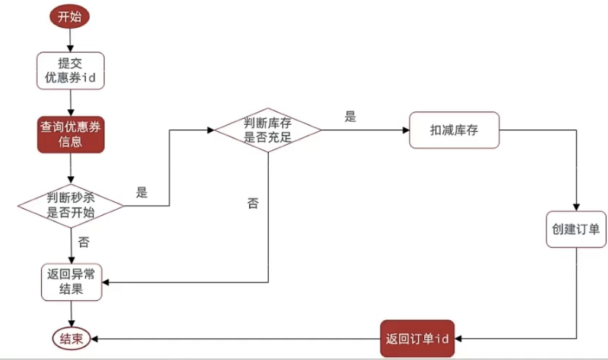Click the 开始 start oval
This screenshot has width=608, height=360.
[x=70, y=17]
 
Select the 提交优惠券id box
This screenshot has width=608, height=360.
[x=70, y=70]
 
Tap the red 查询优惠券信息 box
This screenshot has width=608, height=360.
[x=70, y=134]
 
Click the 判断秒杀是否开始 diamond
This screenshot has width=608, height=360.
[x=70, y=206]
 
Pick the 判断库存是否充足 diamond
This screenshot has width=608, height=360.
[x=268, y=131]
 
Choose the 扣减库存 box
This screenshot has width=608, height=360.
[x=454, y=130]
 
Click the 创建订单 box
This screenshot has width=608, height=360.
[x=576, y=229]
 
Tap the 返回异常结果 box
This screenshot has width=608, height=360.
[x=71, y=281]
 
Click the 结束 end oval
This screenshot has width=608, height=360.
[x=71, y=339]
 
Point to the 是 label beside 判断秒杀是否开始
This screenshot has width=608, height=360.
[x=142, y=193]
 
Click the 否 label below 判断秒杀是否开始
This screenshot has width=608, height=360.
[x=83, y=242]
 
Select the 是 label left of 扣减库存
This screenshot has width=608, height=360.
[x=350, y=117]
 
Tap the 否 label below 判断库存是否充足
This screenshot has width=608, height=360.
[x=253, y=204]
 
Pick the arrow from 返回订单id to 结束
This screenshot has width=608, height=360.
[x=236, y=339]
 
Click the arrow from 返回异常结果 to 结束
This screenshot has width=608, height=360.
[x=71, y=314]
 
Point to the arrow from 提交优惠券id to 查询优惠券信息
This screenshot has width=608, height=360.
[x=70, y=102]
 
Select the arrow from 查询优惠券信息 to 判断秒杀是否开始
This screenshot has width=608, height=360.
[x=70, y=168]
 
